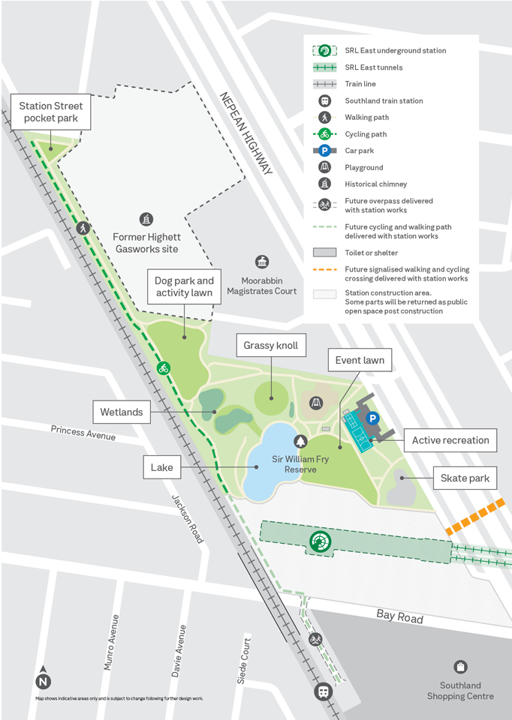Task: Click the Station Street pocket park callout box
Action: coord(51,112)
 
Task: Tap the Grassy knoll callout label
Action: coord(270,346)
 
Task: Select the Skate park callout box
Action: coord(465,478)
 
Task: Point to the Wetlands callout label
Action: coord(121,412)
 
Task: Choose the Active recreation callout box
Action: coord(450,440)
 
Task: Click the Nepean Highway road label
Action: coord(245,133)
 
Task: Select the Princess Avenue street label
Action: coord(83,433)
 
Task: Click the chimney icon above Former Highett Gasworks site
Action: coord(146,219)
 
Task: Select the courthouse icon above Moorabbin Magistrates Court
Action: coord(262,262)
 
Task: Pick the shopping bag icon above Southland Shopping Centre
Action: coord(460,667)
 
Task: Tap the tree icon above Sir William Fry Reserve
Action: coord(300,441)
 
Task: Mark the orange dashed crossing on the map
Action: coord(474,517)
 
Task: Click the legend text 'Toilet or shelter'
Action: coord(371,253)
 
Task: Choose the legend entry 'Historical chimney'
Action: coord(375,184)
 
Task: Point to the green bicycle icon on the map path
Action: coord(163,367)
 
